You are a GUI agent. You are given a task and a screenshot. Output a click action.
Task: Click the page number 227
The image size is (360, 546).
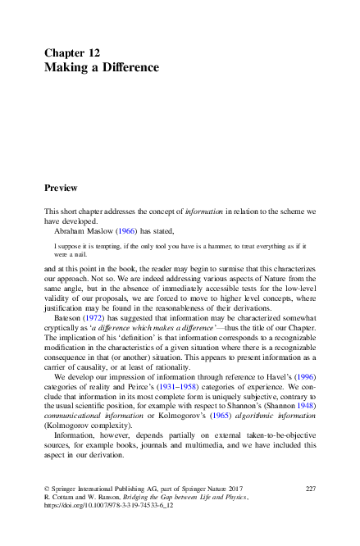click(x=309, y=488)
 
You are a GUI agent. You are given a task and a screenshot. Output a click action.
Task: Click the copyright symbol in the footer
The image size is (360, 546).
click(x=47, y=488)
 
